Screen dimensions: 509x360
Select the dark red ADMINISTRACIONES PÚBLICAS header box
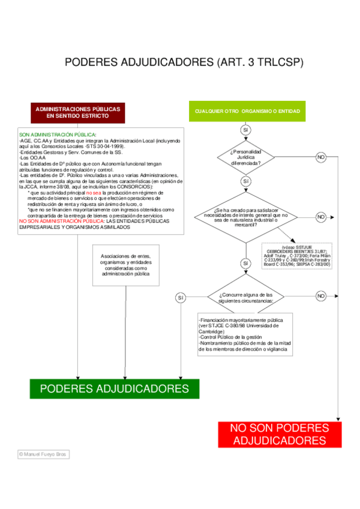click(x=77, y=112)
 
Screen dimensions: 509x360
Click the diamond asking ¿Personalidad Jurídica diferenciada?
click(x=245, y=157)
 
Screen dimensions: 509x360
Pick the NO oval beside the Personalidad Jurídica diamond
click(x=321, y=157)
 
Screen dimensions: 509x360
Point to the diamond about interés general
click(x=246, y=217)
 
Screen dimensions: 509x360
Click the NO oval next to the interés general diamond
click(x=321, y=216)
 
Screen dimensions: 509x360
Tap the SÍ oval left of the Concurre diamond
click(x=181, y=298)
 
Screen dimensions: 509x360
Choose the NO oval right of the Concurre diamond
click(x=321, y=296)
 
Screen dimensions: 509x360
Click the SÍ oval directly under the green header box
click(x=246, y=130)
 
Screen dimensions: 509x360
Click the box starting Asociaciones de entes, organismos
click(x=125, y=265)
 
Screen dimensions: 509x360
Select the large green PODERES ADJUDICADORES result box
click(x=114, y=388)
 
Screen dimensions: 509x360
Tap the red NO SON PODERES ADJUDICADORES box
click(x=279, y=434)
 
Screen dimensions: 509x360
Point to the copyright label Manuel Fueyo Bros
click(x=43, y=454)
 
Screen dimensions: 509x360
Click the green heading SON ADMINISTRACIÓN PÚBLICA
click(x=58, y=135)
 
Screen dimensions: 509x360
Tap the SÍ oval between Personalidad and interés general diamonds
click(x=246, y=181)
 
